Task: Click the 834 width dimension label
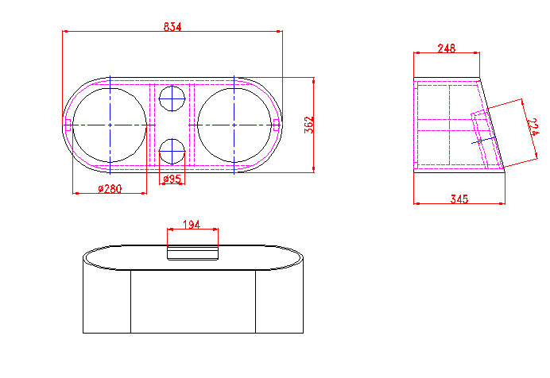click(x=172, y=27)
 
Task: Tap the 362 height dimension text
click(x=308, y=125)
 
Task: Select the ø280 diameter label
click(x=110, y=189)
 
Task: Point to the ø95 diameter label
click(x=172, y=179)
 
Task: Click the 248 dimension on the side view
click(x=447, y=48)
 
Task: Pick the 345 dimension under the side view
click(x=459, y=199)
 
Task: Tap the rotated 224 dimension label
click(x=533, y=127)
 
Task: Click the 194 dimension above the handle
click(x=192, y=224)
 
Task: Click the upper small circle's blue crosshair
click(x=172, y=98)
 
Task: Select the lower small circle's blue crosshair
click(x=172, y=152)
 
